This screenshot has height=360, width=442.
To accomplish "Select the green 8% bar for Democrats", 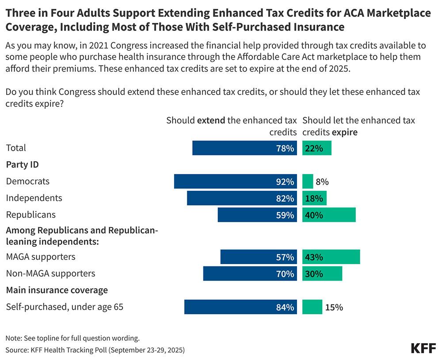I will (308, 182).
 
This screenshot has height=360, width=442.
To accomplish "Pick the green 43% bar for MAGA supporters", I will (331, 257).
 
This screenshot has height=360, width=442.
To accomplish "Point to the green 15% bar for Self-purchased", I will (312, 307).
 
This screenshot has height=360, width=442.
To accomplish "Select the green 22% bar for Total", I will (317, 148).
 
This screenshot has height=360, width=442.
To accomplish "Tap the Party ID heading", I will (22, 165).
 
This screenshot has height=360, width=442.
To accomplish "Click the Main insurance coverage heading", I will (57, 290).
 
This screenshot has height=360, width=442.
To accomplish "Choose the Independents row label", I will (34, 198).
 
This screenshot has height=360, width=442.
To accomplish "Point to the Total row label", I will (16, 148).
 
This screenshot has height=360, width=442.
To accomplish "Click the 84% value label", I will (285, 307).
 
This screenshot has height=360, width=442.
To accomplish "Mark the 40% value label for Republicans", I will (313, 215).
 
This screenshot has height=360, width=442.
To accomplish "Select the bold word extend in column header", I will (211, 120).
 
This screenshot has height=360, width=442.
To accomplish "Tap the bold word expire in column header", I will (345, 132).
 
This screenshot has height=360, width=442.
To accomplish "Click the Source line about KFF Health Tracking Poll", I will (95, 350).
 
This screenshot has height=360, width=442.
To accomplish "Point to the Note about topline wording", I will (72, 338).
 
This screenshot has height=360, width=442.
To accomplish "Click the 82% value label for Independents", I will (285, 198).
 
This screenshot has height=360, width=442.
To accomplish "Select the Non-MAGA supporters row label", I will (50, 273).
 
